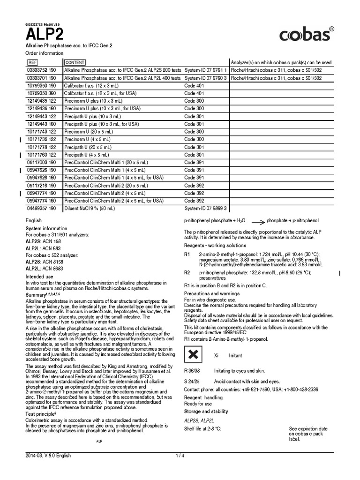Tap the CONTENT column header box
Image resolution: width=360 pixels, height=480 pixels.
(75, 62)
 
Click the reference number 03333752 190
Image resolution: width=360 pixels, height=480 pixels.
(41, 70)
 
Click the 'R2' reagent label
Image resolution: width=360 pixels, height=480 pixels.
(187, 273)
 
